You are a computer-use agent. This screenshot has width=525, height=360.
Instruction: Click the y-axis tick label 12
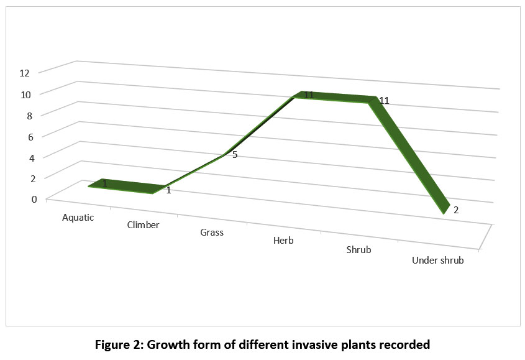tap(25, 73)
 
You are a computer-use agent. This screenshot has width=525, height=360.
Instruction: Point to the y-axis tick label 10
tap(25, 94)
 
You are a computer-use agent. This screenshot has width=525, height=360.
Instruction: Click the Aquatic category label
tap(78, 218)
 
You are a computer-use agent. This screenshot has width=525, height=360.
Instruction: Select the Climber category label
tap(143, 225)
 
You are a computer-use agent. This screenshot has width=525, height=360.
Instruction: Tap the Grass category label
tap(212, 233)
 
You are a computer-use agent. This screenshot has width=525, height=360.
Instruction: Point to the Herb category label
tap(283, 241)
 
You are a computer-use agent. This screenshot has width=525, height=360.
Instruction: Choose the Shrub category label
tap(358, 250)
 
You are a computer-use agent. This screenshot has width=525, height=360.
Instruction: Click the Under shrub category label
tap(438, 261)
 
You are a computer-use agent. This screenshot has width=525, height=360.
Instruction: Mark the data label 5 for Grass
tap(235, 154)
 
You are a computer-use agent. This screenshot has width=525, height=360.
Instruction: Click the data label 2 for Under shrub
tap(456, 210)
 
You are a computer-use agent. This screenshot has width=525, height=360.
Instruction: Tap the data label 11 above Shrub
tap(384, 101)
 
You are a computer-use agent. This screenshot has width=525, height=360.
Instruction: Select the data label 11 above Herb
tap(309, 95)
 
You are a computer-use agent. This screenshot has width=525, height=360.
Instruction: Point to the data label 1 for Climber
tap(168, 190)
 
